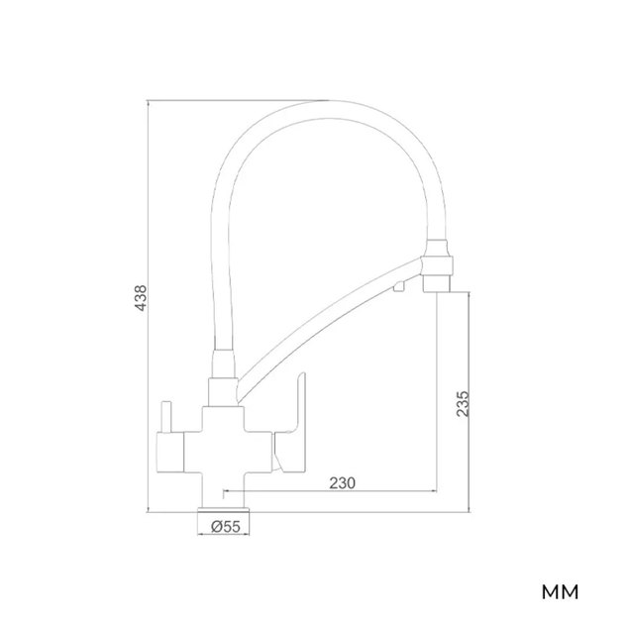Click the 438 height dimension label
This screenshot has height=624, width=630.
click(x=141, y=298)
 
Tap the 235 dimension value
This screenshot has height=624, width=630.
click(x=463, y=403)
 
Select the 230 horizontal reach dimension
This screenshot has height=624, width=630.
click(x=343, y=483)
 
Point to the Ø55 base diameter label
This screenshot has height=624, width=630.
click(x=226, y=526)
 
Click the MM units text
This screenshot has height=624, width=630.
click(x=560, y=592)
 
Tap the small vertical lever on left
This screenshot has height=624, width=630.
click(x=166, y=417)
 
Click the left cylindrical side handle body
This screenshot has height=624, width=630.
click(x=170, y=453)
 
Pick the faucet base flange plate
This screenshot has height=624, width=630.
click(x=224, y=510)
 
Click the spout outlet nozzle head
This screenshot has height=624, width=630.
click(x=437, y=265)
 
